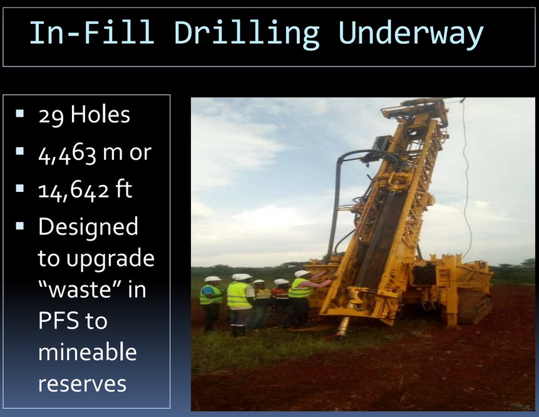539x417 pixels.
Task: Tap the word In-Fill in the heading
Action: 92,32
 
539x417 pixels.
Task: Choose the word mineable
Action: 87,352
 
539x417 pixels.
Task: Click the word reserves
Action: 82,384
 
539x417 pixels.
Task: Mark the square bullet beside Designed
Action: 19,226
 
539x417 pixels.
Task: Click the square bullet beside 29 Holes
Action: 19,113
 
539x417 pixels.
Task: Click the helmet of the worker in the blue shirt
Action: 212,279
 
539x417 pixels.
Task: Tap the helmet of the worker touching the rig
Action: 302,274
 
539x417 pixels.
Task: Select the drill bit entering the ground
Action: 342,327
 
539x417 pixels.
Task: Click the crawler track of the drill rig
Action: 475,308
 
